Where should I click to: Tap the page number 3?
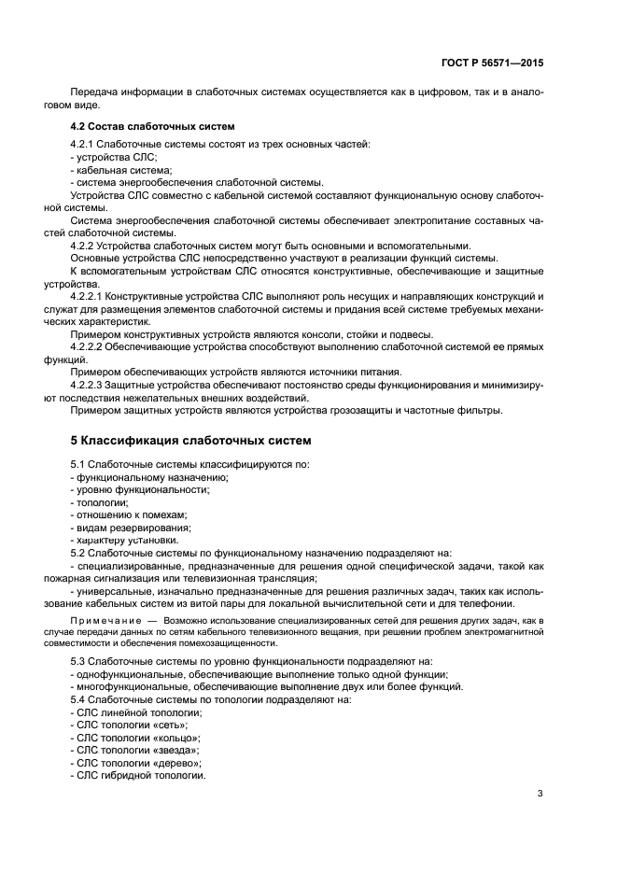point(540,795)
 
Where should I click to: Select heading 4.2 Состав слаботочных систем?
point(152,125)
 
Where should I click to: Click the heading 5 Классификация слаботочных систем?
point(191,440)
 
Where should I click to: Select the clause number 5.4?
point(78,698)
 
